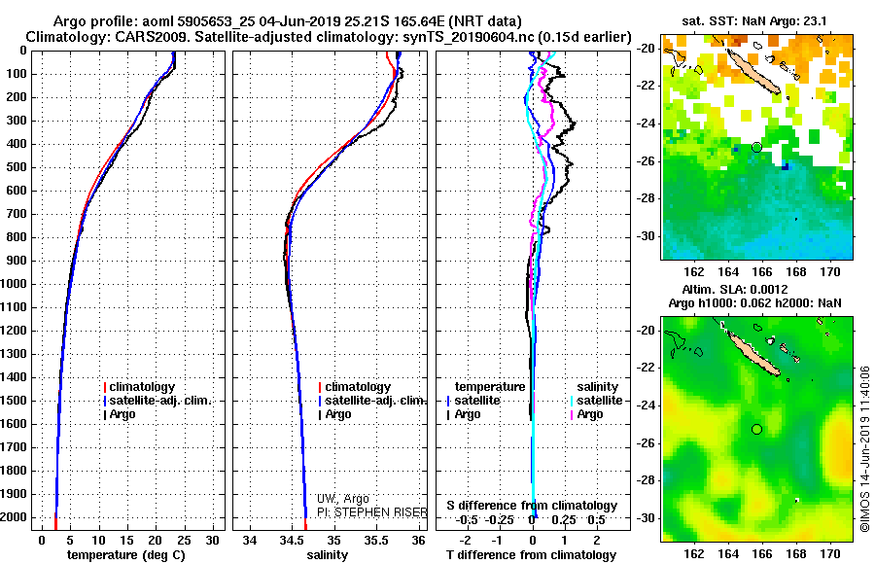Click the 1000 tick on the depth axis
pos(17,284)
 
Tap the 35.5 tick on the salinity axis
pos(376,539)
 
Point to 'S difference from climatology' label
pos(532,506)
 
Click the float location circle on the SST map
pos(756,147)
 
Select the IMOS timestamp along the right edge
pos(864,449)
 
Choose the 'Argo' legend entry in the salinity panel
pos(337,414)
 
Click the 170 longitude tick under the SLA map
pos(830,554)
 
